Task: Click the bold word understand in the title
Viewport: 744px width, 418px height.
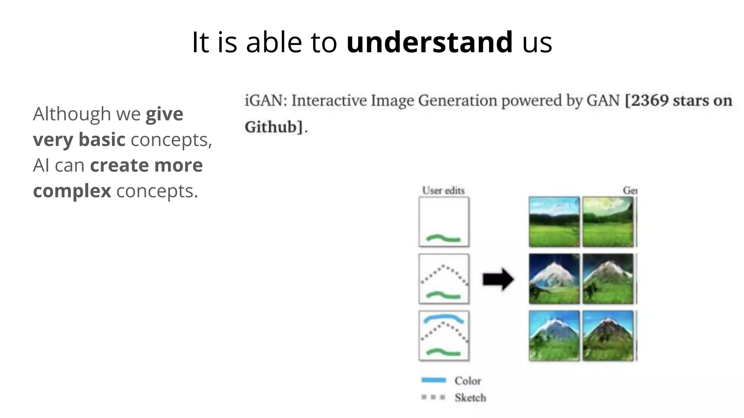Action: click(x=429, y=42)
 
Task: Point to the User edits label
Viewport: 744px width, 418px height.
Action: click(x=443, y=190)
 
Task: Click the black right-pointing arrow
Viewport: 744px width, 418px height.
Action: click(x=498, y=279)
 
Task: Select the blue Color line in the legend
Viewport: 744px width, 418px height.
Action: click(x=433, y=380)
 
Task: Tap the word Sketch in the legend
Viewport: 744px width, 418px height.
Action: click(x=470, y=398)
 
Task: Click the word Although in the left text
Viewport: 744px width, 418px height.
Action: click(x=72, y=114)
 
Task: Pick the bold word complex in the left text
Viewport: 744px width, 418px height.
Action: click(x=72, y=191)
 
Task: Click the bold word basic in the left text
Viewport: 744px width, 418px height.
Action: click(x=102, y=140)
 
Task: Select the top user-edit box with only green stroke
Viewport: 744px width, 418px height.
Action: click(x=444, y=222)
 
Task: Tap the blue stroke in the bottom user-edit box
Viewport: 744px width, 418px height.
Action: click(x=444, y=318)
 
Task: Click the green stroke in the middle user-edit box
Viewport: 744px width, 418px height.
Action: click(x=444, y=295)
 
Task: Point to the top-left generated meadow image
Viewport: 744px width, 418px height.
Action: click(x=554, y=222)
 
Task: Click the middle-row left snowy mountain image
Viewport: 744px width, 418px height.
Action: click(x=554, y=279)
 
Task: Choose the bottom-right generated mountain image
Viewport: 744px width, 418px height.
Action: click(x=608, y=336)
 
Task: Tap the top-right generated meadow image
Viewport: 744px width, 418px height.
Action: click(x=608, y=222)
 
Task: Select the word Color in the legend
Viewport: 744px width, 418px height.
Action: click(x=468, y=381)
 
